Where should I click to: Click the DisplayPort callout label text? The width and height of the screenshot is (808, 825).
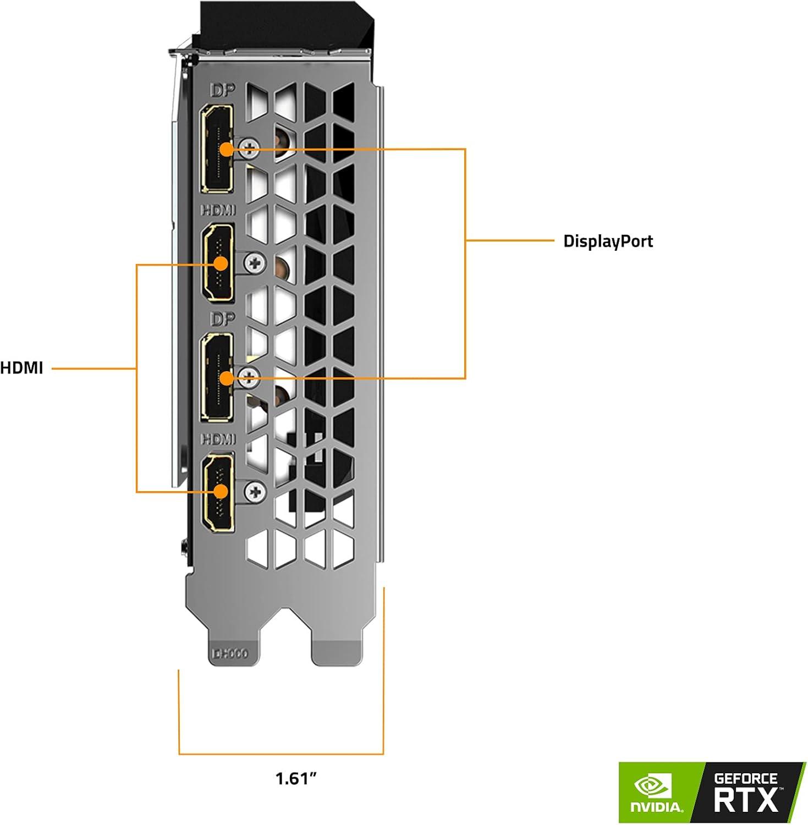[608, 241]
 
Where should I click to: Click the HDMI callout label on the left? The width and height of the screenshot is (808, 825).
[21, 367]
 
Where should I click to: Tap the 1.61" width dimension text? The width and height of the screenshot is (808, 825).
[296, 778]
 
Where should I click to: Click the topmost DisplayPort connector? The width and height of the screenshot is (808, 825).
[218, 148]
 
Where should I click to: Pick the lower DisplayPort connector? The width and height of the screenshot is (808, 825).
[218, 378]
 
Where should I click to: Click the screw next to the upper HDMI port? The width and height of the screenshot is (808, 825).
[255, 262]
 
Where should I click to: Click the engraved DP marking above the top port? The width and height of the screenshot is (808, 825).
[222, 91]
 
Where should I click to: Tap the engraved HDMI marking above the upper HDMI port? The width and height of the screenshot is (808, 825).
[218, 210]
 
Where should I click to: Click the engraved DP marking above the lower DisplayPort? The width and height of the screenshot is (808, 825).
[222, 319]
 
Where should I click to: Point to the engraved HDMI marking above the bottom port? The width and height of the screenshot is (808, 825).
[218, 438]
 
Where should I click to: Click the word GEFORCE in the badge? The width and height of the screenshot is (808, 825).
[745, 778]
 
